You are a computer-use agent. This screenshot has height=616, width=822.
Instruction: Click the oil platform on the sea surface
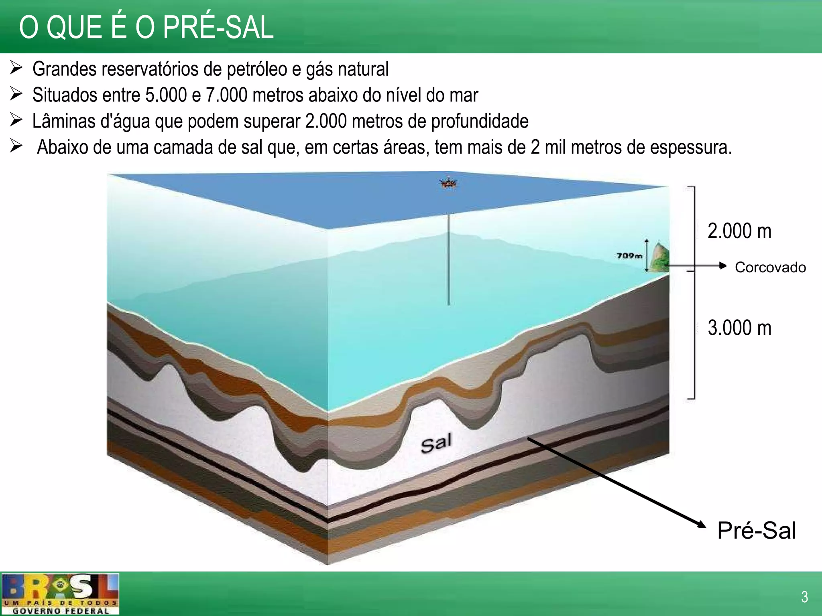pyautogui.click(x=449, y=184)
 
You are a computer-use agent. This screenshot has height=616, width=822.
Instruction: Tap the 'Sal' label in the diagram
pyautogui.click(x=436, y=443)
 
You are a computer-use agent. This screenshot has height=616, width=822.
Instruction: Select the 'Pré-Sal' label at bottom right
pyautogui.click(x=756, y=531)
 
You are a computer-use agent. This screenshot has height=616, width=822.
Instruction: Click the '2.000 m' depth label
pyautogui.click(x=739, y=231)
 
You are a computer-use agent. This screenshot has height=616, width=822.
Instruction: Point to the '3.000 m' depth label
pyautogui.click(x=739, y=328)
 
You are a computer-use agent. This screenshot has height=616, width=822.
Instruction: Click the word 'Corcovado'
pyautogui.click(x=770, y=267)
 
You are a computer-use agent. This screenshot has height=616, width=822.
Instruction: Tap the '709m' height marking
pyautogui.click(x=629, y=256)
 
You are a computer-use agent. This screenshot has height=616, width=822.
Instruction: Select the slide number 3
pyautogui.click(x=804, y=597)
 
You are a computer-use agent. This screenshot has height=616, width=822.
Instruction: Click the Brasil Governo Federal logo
pyautogui.click(x=60, y=594)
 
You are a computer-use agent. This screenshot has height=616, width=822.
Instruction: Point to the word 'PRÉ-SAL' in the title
pyautogui.click(x=218, y=28)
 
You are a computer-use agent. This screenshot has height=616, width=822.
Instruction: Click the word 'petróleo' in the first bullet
pyautogui.click(x=257, y=69)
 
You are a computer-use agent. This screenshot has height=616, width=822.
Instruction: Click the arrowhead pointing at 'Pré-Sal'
pyautogui.click(x=702, y=524)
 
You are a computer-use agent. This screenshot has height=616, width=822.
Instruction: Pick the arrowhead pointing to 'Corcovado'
pyautogui.click(x=723, y=265)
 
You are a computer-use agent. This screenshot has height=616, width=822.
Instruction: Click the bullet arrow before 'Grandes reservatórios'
pyautogui.click(x=16, y=68)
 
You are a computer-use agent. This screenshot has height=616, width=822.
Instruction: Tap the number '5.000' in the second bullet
pyautogui.click(x=166, y=95)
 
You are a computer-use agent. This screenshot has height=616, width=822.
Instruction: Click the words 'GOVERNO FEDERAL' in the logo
pyautogui.click(x=61, y=611)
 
